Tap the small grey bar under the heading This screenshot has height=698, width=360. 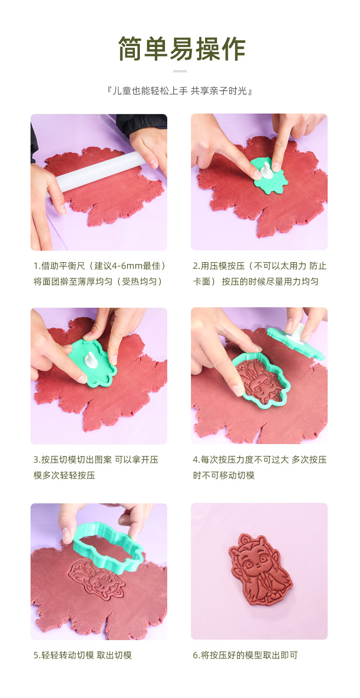(x=180, y=71)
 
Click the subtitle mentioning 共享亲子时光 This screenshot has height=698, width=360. (x=180, y=91)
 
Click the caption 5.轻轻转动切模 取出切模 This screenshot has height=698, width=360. (x=82, y=655)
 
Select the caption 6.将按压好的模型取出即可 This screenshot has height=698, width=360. (x=245, y=655)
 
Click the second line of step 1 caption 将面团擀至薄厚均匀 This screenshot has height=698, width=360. (x=98, y=281)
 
